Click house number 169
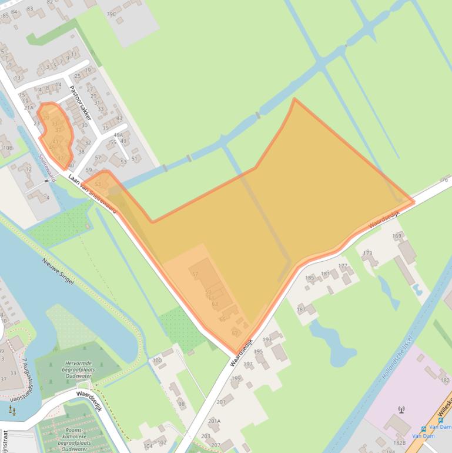pos(397,237)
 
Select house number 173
pos(367,254)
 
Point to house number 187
pos(302,309)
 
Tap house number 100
pos(157,360)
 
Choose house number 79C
pos(111,13)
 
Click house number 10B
pos(6,148)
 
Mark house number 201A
pos(214,421)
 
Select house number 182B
pos(400,443)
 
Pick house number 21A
pos(28,108)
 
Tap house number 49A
pos(118,135)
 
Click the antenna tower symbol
pos(402,409)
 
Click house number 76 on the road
pos(444,179)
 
